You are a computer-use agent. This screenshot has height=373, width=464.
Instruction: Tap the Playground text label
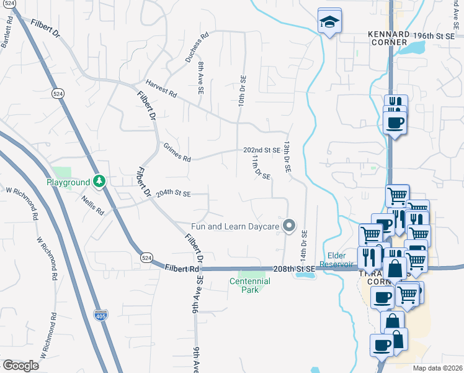pyautogui.click(x=68, y=182)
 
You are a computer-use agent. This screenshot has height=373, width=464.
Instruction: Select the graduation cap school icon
pyautogui.click(x=327, y=22)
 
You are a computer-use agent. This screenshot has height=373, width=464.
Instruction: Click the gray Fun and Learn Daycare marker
pyautogui.click(x=288, y=226)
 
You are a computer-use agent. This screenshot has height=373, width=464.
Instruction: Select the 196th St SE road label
pyautogui.click(x=437, y=36)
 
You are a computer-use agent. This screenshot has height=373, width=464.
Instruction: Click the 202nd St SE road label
pyautogui.click(x=261, y=150)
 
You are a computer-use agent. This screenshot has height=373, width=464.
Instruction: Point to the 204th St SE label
pyautogui.click(x=172, y=194)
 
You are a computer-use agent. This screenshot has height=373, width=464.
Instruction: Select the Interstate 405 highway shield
pyautogui.click(x=100, y=315)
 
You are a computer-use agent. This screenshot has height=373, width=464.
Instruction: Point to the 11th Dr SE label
pyautogui.click(x=260, y=167)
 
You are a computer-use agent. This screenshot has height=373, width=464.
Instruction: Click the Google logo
pyautogui.click(x=20, y=365)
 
